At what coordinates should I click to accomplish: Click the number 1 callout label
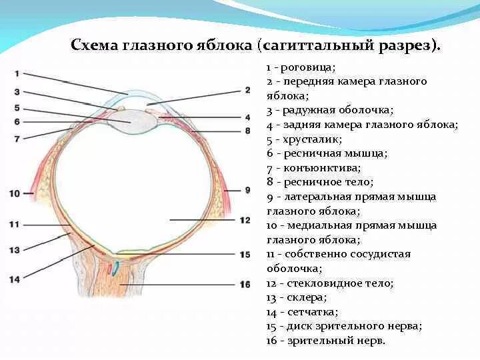click(17, 73)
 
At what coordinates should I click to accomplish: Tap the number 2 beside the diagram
click(247, 90)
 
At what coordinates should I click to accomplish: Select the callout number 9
click(247, 190)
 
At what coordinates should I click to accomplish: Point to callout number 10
click(16, 193)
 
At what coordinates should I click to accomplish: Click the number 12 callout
click(245, 219)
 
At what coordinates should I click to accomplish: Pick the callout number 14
click(15, 279)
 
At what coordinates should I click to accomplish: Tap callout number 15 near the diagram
click(245, 254)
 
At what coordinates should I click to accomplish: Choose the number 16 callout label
click(245, 285)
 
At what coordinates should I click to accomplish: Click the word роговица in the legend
click(307, 67)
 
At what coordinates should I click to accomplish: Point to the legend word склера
click(304, 297)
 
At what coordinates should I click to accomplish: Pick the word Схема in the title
click(93, 46)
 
